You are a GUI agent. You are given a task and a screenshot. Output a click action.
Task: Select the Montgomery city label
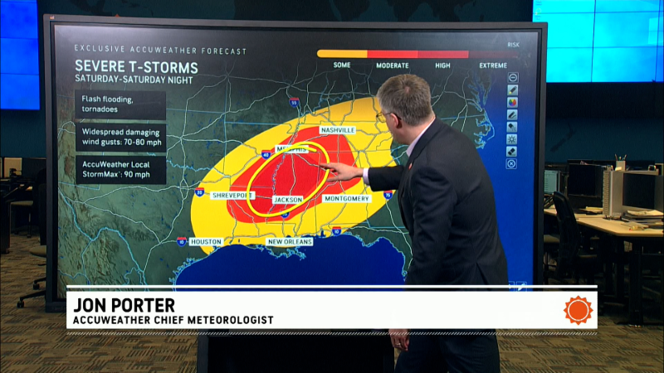[x=347, y=199]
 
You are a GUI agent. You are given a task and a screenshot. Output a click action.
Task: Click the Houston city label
[x=206, y=241]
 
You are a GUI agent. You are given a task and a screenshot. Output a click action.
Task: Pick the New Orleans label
[x=289, y=241]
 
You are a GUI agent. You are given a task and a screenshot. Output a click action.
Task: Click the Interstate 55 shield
[x=295, y=102]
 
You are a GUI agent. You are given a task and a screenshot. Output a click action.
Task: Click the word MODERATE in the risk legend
[x=393, y=65]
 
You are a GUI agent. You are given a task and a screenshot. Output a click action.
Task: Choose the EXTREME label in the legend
[x=491, y=65]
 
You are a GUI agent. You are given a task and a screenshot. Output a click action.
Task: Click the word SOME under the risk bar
[x=342, y=65]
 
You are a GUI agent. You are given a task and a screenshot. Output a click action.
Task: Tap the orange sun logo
[x=579, y=310]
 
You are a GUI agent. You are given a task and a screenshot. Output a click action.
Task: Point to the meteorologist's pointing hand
[x=342, y=172]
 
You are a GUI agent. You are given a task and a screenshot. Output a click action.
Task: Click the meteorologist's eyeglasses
[x=383, y=116]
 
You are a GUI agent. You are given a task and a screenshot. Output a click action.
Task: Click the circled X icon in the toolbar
[x=512, y=164]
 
